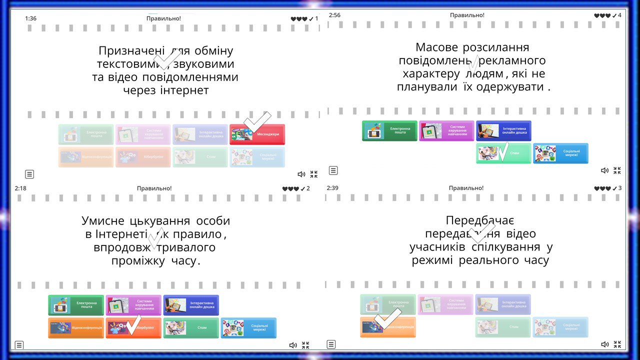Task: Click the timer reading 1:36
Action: pyautogui.click(x=30, y=18)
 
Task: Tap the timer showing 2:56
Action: pyautogui.click(x=334, y=15)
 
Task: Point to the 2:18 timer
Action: pyautogui.click(x=20, y=188)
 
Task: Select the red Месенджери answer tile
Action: pyautogui.click(x=257, y=134)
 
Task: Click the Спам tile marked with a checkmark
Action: pyautogui.click(x=503, y=153)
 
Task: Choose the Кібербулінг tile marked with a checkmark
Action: pyautogui.click(x=133, y=328)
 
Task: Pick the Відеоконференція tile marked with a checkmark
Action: pyautogui.click(x=387, y=327)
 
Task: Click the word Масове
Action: pyautogui.click(x=436, y=47)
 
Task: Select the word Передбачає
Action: pyautogui.click(x=480, y=220)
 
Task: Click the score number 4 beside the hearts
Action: pyautogui.click(x=620, y=15)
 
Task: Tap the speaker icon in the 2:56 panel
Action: pyautogui.click(x=604, y=170)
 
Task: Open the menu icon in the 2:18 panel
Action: pyautogui.click(x=19, y=344)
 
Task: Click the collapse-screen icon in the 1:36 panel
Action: pyautogui.click(x=314, y=174)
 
